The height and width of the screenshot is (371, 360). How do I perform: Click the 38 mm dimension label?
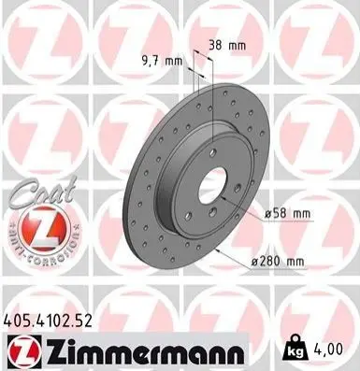pos(227,46)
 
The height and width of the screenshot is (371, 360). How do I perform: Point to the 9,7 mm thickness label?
pos(162,61)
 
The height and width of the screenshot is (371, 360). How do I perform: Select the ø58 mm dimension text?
pos(287,214)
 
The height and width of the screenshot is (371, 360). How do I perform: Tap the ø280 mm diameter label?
pos(278,262)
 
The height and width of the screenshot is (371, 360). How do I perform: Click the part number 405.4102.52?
pos(48,321)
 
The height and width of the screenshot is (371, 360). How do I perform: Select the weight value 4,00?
pos(327,350)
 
